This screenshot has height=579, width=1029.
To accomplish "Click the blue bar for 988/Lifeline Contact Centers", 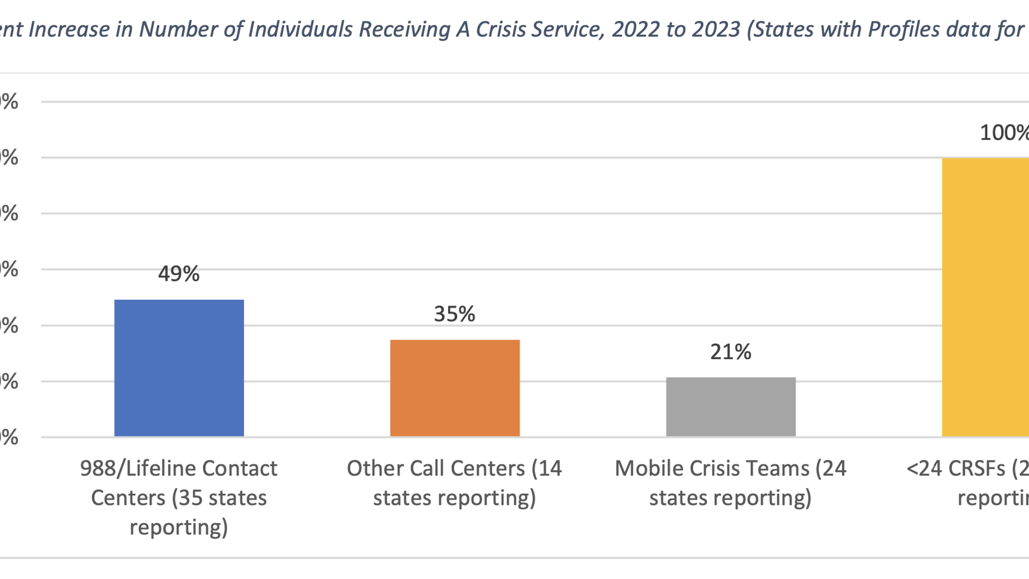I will [x=179, y=368].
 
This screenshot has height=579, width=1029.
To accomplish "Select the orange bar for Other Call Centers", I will [x=454, y=388].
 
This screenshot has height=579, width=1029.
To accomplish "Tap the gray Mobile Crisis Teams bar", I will [x=730, y=407].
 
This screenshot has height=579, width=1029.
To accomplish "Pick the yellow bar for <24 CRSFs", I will [x=985, y=298].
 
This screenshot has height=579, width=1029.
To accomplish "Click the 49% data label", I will [x=178, y=274].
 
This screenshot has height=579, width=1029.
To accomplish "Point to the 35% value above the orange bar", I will [x=454, y=314].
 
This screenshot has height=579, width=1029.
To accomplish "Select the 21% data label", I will [x=730, y=352].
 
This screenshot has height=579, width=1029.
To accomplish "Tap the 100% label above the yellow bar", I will [x=1003, y=133].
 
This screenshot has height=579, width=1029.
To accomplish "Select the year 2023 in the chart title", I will [x=716, y=29].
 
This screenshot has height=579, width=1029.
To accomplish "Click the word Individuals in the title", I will [x=300, y=29].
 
